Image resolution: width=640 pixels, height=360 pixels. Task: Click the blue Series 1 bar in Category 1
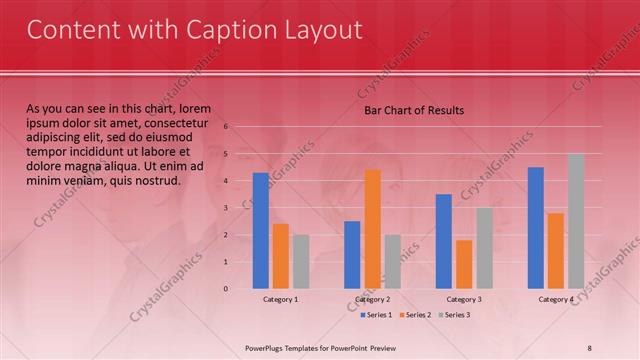pyautogui.click(x=260, y=231)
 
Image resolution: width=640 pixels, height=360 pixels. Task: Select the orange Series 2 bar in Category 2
pyautogui.click(x=372, y=229)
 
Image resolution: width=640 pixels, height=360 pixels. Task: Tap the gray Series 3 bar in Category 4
pyautogui.click(x=576, y=221)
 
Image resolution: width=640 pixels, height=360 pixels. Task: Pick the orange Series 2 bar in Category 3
pyautogui.click(x=464, y=264)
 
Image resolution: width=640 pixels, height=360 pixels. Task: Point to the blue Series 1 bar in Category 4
pyautogui.click(x=536, y=228)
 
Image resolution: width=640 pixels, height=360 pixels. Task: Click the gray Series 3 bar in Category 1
pyautogui.click(x=300, y=262)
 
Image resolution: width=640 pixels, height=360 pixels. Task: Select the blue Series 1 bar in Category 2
pyautogui.click(x=352, y=255)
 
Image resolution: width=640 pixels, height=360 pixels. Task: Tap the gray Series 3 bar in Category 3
pyautogui.click(x=484, y=248)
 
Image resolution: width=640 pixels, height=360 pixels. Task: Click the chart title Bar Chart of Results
pyautogui.click(x=413, y=110)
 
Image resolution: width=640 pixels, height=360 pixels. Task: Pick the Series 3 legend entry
pyautogui.click(x=455, y=315)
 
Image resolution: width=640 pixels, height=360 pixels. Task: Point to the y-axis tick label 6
pyautogui.click(x=227, y=127)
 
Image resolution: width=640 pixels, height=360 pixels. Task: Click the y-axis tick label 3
pyautogui.click(x=227, y=208)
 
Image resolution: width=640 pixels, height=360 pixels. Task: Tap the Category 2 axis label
pyautogui.click(x=372, y=299)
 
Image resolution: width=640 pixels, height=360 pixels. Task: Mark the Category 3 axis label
pyautogui.click(x=464, y=299)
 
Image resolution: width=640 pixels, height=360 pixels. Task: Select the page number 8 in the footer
pyautogui.click(x=589, y=347)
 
